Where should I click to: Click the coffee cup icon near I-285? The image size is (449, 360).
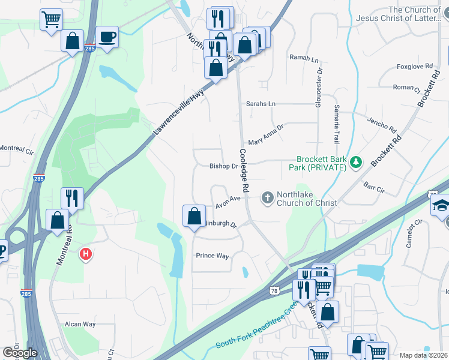click(107, 37)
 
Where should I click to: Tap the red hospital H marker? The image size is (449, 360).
click(86, 254)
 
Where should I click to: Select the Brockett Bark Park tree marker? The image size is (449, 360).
click(356, 161)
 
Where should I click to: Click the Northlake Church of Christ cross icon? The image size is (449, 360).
click(267, 197)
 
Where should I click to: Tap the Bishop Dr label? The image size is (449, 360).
click(223, 166)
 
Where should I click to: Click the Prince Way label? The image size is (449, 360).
click(212, 256)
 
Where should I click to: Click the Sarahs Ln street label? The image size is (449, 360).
click(261, 104)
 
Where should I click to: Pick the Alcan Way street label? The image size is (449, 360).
click(80, 324)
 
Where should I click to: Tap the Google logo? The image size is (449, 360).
click(20, 353)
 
